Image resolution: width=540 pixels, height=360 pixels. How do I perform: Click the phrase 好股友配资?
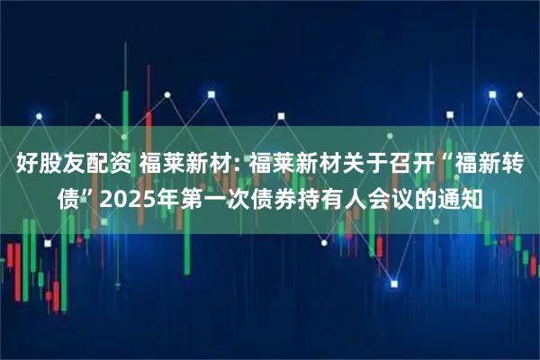coord(70,166)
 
